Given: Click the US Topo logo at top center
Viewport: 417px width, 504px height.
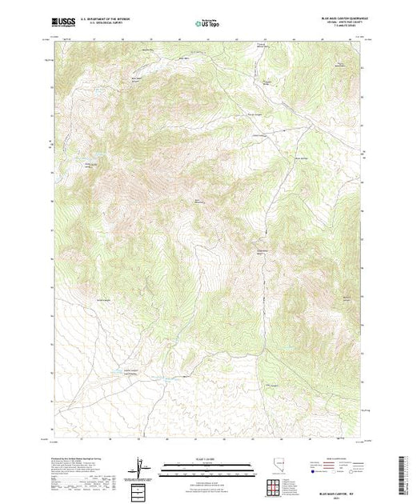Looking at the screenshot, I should (x=209, y=23).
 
